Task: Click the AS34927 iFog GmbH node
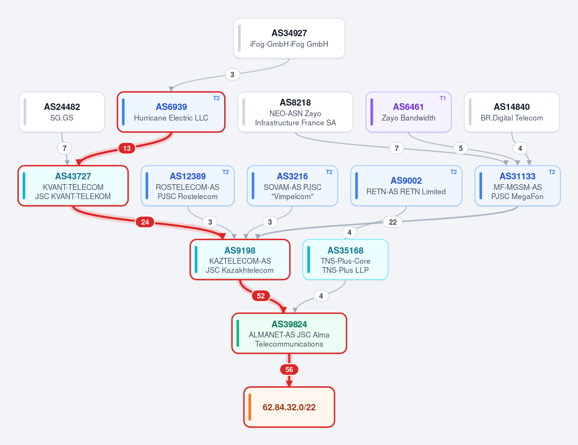289,39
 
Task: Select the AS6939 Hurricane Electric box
171,112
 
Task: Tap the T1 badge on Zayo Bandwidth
443,98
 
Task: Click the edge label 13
127,148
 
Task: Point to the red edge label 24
145,222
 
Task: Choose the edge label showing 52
261,296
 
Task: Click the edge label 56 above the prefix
289,369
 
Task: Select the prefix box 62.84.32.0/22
289,407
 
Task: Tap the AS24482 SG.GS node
62,112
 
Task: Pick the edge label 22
392,222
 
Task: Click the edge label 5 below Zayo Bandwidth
461,148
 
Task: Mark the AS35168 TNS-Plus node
345,259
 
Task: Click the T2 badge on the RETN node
454,172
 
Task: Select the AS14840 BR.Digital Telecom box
511,112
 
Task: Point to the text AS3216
292,176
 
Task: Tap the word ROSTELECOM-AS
187,187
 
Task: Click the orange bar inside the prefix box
250,407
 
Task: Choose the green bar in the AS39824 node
238,333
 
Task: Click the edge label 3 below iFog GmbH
232,74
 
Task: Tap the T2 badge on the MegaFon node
552,172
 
